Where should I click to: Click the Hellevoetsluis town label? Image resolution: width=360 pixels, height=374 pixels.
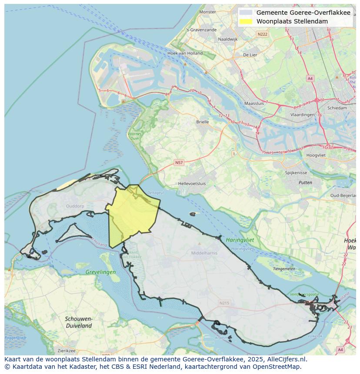click(x=192, y=183)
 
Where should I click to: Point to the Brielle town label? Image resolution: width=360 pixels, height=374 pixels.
click(x=202, y=122)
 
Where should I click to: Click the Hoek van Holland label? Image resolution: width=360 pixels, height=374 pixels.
click(x=185, y=53)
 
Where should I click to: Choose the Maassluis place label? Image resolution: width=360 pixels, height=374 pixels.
click(x=254, y=104)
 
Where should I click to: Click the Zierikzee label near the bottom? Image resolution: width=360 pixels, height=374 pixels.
click(x=67, y=351)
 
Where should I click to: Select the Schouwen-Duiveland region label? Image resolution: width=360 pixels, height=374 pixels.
click(x=79, y=322)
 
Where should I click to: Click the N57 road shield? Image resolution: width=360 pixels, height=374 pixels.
click(x=179, y=162)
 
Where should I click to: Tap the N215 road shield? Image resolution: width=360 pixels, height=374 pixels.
click(x=224, y=303)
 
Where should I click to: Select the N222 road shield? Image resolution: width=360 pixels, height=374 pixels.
click(x=262, y=34)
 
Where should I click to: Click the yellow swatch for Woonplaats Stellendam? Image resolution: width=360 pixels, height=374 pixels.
click(x=246, y=21)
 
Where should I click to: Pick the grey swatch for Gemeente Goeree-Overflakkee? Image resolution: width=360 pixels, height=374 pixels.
click(x=246, y=13)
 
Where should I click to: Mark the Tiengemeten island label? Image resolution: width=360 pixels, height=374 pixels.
click(x=283, y=269)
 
